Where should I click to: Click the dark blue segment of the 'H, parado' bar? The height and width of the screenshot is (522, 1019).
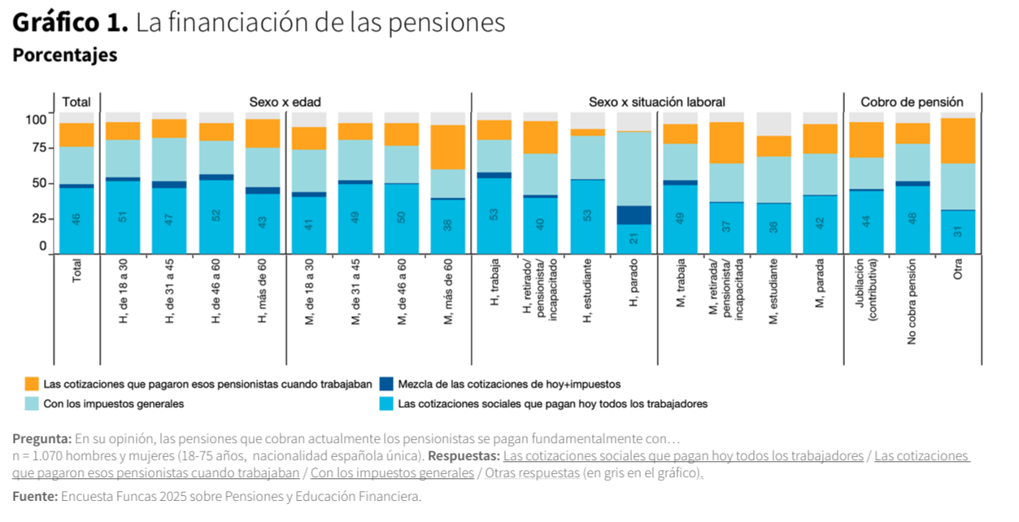pyautogui.click(x=634, y=215)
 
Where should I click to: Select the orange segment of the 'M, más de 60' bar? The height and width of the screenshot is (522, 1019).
pyautogui.click(x=447, y=147)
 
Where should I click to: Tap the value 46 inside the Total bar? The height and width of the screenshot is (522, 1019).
pyautogui.click(x=76, y=219)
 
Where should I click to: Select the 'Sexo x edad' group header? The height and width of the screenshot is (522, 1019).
pyautogui.click(x=285, y=102)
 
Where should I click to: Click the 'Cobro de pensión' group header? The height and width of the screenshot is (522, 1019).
pyautogui.click(x=912, y=102)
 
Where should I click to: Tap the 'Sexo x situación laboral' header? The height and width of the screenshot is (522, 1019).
pyautogui.click(x=656, y=102)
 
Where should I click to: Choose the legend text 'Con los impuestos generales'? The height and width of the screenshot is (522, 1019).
pyautogui.click(x=114, y=404)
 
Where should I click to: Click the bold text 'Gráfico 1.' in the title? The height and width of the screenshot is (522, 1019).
pyautogui.click(x=70, y=23)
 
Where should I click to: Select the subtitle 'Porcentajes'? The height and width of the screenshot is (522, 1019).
pyautogui.click(x=64, y=55)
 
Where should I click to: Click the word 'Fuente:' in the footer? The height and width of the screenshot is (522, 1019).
pyautogui.click(x=34, y=496)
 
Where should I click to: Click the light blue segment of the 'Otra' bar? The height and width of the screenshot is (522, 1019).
pyautogui.click(x=958, y=187)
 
